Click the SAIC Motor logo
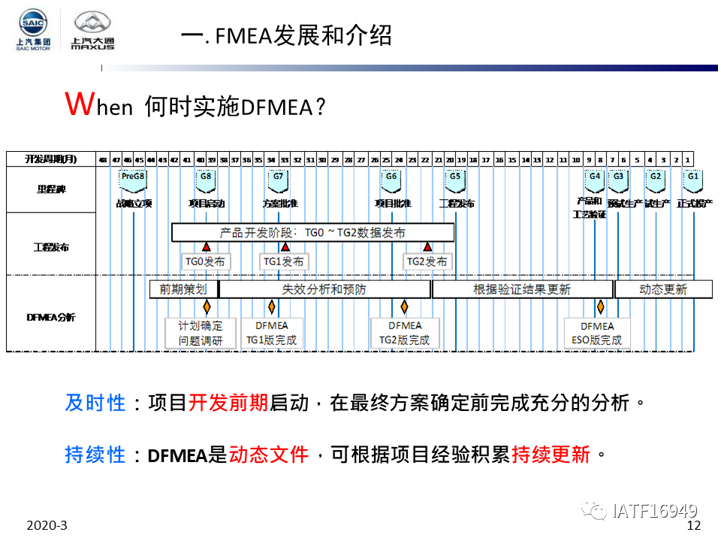click(x=34, y=30)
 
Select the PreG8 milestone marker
click(x=133, y=178)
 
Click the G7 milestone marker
click(x=279, y=178)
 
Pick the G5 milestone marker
click(x=454, y=178)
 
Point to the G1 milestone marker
click(x=692, y=178)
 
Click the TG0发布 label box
click(x=207, y=261)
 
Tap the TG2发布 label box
click(x=427, y=261)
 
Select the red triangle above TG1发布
click(x=285, y=246)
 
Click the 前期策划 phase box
click(x=183, y=289)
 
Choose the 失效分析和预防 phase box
click(x=324, y=289)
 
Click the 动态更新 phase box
click(x=663, y=289)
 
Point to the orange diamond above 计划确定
click(x=207, y=307)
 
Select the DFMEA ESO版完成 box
click(x=597, y=333)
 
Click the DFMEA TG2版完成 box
click(x=405, y=333)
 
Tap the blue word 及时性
click(x=95, y=403)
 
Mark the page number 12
click(x=693, y=525)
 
